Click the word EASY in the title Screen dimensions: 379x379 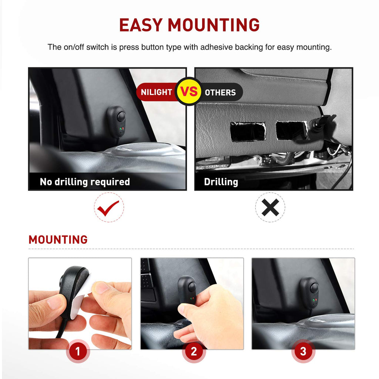(141, 25)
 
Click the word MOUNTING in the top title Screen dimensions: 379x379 (214, 25)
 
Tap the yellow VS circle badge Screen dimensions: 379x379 (189, 91)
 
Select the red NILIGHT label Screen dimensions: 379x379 (157, 92)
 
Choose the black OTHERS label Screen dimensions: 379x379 (221, 92)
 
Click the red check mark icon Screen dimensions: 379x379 (108, 208)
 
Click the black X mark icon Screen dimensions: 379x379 (270, 207)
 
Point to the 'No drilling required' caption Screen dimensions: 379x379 (85, 182)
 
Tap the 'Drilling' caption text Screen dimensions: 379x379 (221, 182)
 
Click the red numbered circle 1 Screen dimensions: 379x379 (78, 351)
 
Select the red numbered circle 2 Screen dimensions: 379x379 (194, 351)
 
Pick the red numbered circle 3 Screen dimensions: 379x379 (303, 351)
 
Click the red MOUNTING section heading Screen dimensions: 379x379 (58, 239)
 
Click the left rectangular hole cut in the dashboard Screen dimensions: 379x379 (248, 131)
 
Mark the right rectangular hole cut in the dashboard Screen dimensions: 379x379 (292, 130)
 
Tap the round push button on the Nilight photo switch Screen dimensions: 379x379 (121, 117)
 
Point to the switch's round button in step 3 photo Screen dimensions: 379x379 (315, 288)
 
